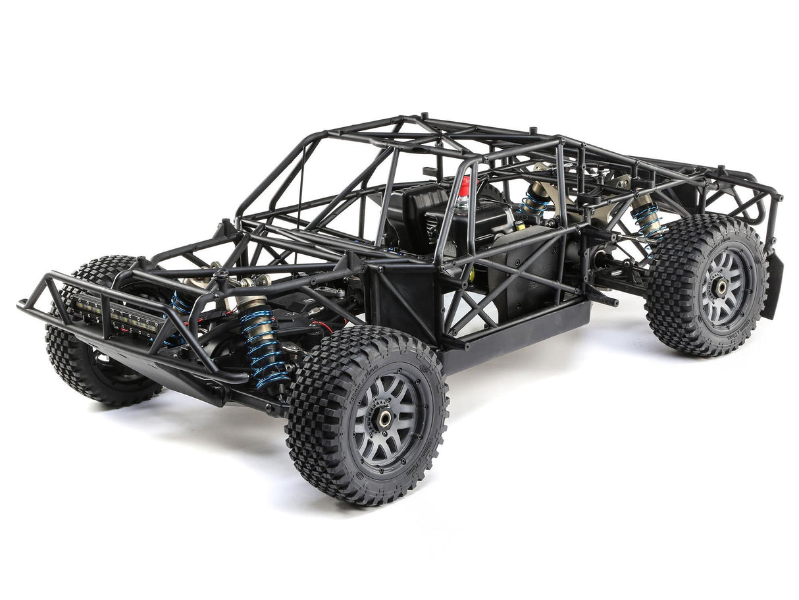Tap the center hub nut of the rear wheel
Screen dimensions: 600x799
tap(721, 286)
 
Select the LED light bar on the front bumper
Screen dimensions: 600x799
tap(116, 315)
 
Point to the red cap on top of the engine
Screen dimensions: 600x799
tap(465, 187)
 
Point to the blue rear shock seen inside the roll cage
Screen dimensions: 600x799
tap(535, 202)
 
